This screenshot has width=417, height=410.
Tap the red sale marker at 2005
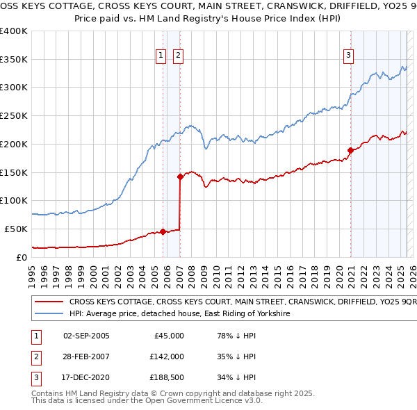(163, 231)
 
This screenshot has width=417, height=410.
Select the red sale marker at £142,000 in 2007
(180, 177)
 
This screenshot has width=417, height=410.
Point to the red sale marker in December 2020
(350, 150)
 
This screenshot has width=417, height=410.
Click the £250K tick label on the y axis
(14, 116)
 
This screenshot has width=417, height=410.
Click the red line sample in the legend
(49, 303)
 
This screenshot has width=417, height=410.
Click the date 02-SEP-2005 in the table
(86, 336)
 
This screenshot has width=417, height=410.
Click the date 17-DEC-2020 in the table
(86, 378)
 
